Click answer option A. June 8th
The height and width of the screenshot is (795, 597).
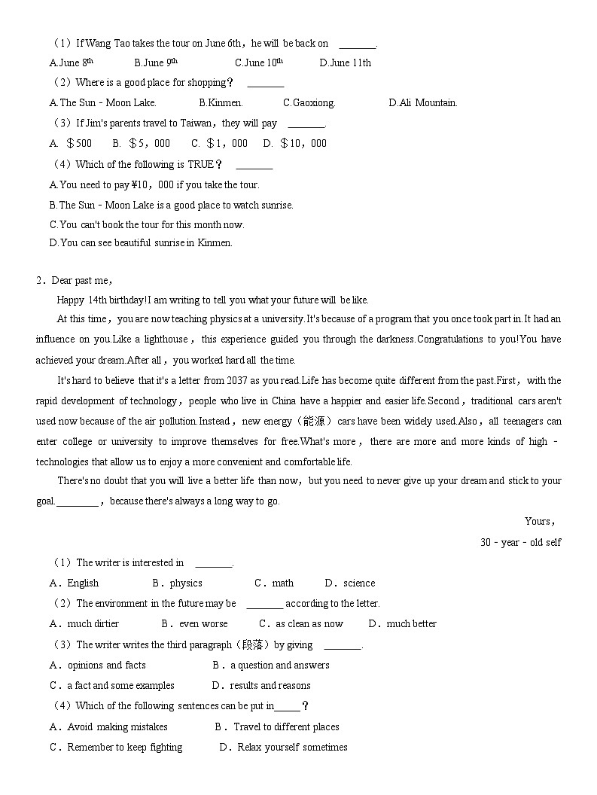(72, 62)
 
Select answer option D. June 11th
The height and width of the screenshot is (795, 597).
(345, 62)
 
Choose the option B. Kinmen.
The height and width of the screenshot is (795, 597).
(221, 102)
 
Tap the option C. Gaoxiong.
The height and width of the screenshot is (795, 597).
(309, 102)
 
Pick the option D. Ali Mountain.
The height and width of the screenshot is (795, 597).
(422, 102)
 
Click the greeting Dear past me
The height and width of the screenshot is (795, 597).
(81, 280)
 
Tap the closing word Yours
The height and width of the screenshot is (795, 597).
(539, 521)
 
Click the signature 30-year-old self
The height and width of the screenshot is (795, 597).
(520, 542)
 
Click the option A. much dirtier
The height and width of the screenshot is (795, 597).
(84, 623)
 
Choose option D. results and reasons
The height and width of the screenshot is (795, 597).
(261, 685)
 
